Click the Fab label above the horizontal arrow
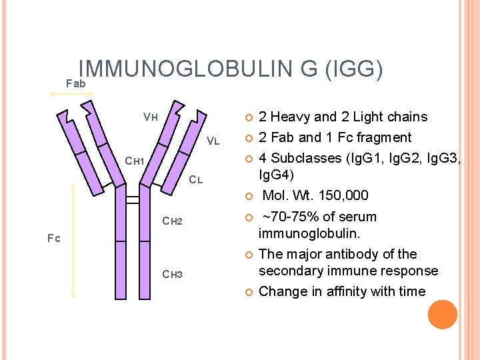tap(76, 83)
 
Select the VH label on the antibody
tap(150, 117)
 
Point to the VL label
tap(213, 141)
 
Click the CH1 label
tap(135, 161)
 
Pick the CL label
tap(195, 179)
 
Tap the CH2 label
tap(173, 221)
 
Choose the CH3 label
tap(173, 275)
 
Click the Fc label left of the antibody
tap(54, 238)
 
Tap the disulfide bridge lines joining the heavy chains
tap(133, 199)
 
